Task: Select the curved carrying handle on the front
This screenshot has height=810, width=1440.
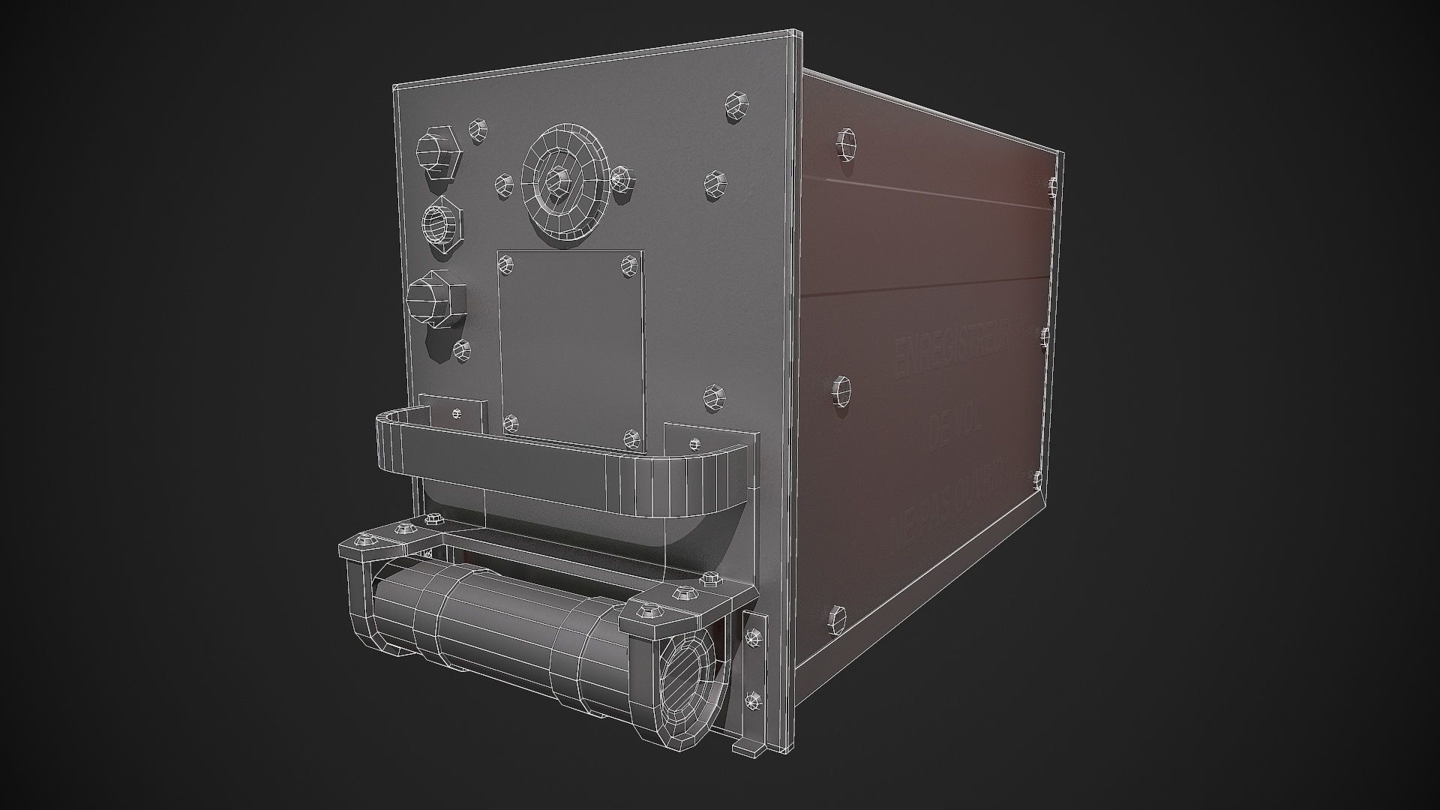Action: click(562, 465)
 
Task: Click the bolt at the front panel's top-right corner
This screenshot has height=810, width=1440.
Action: click(737, 106)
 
